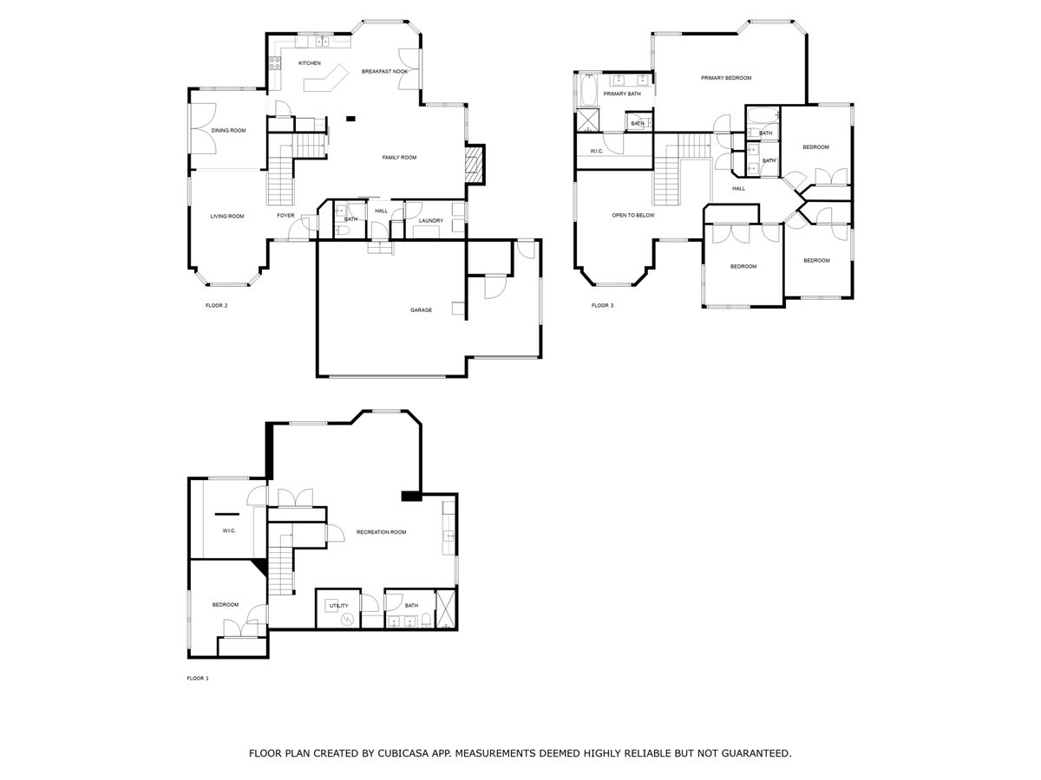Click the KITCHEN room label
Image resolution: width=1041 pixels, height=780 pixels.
pos(309,63)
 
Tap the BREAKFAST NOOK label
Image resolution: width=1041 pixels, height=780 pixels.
pos(384,72)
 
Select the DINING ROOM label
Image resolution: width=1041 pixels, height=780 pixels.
pos(229,130)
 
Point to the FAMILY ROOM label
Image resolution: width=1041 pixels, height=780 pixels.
pos(399,158)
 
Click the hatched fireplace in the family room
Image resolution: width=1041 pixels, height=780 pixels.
pos(474,164)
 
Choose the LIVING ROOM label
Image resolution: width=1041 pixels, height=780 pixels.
pos(227,217)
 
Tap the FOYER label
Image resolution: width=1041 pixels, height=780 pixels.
pos(285,216)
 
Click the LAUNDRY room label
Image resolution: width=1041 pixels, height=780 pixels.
pos(430,221)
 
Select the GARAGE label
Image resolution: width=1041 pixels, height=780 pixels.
pos(421,310)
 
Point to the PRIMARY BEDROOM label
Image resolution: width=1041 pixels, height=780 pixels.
pos(726,78)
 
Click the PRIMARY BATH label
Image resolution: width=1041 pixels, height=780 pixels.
pos(622,94)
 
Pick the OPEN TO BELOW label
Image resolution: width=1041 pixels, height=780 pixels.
pos(633,216)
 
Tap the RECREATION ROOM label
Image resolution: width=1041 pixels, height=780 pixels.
pos(382,532)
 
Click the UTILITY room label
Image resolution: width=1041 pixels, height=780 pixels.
pos(338,606)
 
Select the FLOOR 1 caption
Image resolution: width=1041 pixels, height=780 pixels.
pos(198,679)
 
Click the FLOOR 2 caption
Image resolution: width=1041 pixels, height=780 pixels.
pos(216,305)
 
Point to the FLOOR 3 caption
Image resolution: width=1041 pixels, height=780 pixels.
pos(602,305)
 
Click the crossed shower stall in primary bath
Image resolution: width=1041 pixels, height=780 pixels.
pos(587,120)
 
